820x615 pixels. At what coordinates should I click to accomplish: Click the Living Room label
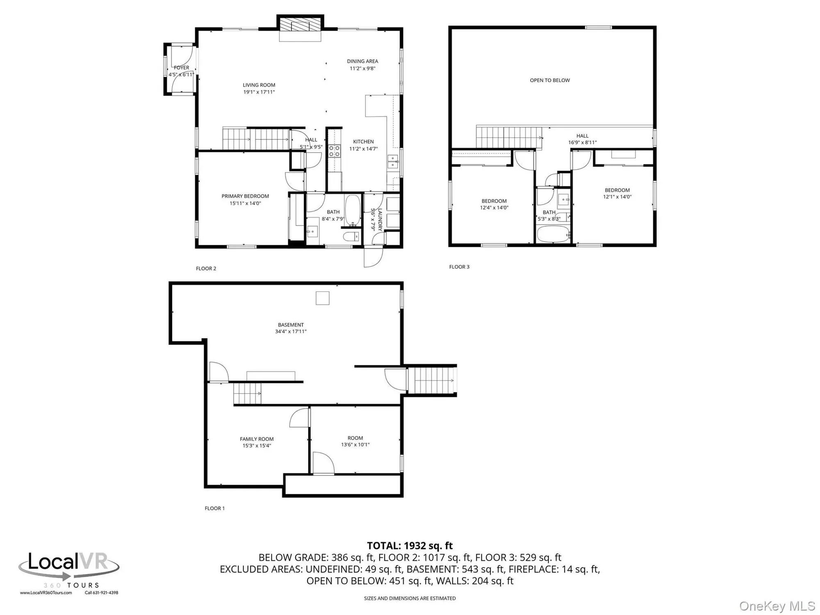(x=259, y=85)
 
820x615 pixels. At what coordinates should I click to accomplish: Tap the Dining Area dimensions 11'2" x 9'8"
(x=362, y=68)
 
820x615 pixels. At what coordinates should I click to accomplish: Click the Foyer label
(x=181, y=68)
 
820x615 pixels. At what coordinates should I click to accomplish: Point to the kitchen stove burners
(x=335, y=150)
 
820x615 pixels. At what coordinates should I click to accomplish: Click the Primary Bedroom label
(x=245, y=196)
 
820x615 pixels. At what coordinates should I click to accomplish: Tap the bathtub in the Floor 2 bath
(x=353, y=210)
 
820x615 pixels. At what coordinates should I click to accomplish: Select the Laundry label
(x=380, y=220)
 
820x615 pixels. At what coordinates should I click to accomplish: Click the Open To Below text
(x=550, y=80)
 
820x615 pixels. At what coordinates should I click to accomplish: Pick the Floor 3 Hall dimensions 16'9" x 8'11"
(x=582, y=143)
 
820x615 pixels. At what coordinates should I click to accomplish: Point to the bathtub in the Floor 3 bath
(x=553, y=234)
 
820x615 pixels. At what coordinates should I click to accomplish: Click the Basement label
(x=291, y=325)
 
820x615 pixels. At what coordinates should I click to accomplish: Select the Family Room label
(x=257, y=439)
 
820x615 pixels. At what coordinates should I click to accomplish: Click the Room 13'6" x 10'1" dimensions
(x=355, y=445)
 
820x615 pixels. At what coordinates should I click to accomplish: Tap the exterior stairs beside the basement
(x=432, y=380)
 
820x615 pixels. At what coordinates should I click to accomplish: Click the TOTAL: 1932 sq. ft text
(x=410, y=546)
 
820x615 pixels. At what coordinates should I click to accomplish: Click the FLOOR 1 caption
(x=214, y=508)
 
